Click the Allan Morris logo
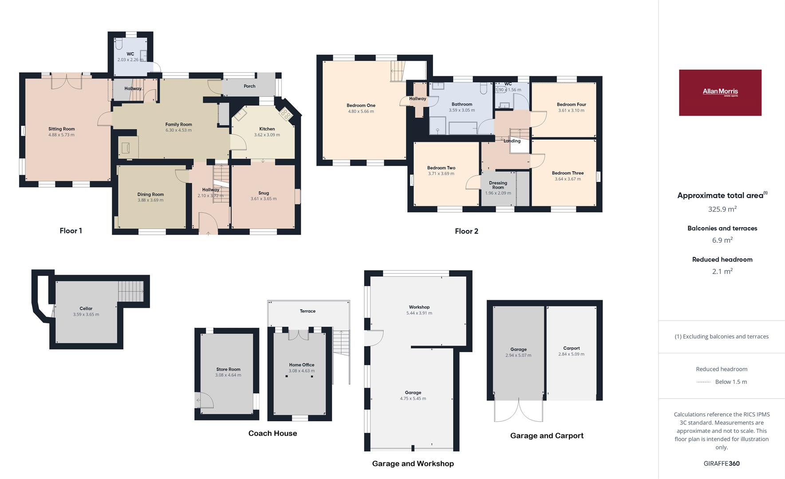720,93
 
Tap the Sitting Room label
62,129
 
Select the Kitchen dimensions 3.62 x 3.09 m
267,135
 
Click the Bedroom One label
361,106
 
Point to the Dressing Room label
498,185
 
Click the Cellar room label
86,309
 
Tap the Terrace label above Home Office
308,311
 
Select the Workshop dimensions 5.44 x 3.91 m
419,313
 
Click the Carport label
572,348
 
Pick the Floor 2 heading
466,231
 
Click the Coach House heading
272,433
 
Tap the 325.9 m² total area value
722,209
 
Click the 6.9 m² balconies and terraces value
722,240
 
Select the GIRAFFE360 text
722,463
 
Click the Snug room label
264,193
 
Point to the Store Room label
228,369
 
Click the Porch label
249,86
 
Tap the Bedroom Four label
572,105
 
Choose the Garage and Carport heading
547,436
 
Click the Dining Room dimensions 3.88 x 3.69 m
150,200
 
